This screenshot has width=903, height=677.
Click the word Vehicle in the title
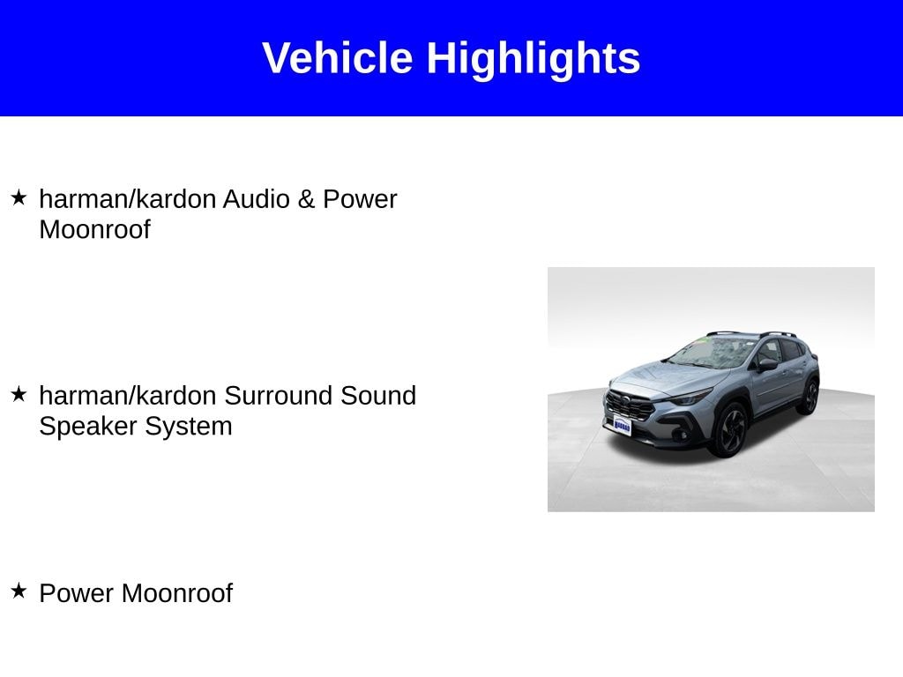[x=338, y=57]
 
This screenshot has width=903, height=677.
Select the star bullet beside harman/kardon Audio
[x=19, y=197]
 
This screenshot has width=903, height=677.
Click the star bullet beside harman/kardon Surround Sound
[x=19, y=394]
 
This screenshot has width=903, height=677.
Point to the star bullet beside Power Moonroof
[x=19, y=591]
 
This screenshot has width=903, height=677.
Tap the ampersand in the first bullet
[x=306, y=199]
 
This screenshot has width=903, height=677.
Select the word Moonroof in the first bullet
[x=95, y=230]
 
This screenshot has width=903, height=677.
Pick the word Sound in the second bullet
[x=378, y=396]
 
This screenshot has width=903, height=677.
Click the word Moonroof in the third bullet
[x=176, y=593]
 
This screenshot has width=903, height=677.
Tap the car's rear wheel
[x=810, y=396]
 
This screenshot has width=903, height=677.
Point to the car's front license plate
[x=622, y=426]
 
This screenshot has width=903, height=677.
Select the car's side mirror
[x=768, y=364]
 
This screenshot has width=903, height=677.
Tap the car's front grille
[x=629, y=405]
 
